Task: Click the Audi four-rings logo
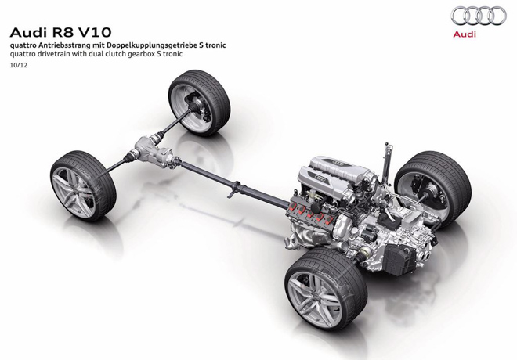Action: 479,16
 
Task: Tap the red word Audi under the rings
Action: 465,34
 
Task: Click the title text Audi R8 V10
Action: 60,32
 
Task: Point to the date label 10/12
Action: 19,65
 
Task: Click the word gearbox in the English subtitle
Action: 143,54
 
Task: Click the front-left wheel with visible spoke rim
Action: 83,185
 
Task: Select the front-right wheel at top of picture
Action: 199,103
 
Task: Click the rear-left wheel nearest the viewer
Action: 326,290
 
